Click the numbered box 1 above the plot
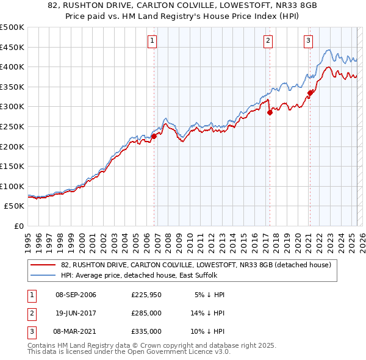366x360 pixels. (152, 41)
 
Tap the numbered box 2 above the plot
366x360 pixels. (268, 41)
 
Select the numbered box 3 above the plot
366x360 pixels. (308, 41)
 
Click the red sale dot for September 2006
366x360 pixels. (154, 136)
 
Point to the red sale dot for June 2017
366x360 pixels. (269, 112)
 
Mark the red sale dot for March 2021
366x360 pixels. (310, 93)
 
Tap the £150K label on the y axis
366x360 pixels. (12, 166)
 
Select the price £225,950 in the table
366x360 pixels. (146, 295)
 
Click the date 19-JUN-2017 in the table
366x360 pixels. (76, 313)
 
